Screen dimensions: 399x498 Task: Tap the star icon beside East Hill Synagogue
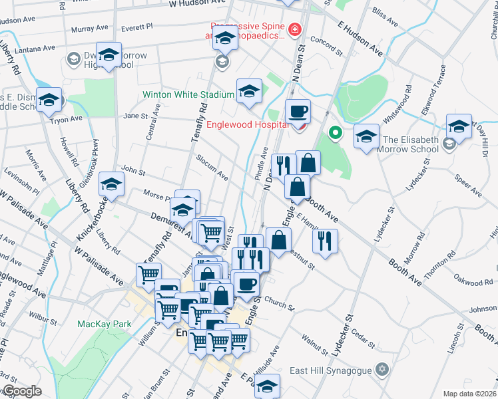(381, 369)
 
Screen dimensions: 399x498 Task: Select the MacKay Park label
(104, 324)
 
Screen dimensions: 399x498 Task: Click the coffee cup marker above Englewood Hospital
(298, 110)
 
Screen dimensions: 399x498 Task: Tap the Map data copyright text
(470, 394)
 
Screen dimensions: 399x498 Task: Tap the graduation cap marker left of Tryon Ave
(49, 100)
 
